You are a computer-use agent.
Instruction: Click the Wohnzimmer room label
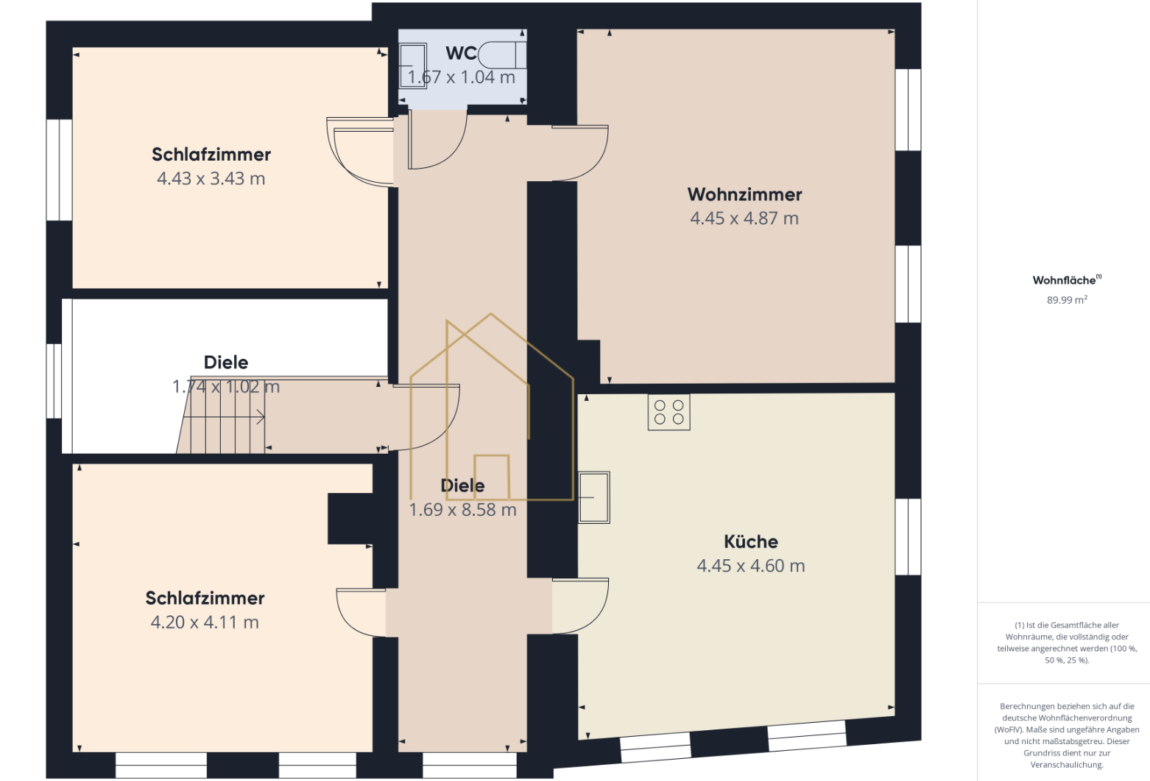click(x=744, y=195)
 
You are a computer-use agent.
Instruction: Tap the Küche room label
click(x=750, y=542)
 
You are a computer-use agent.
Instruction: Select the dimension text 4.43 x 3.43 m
click(x=211, y=178)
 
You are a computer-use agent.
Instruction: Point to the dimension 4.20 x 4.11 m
click(x=205, y=623)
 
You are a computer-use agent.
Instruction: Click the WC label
click(x=461, y=53)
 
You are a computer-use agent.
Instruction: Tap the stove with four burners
click(x=669, y=412)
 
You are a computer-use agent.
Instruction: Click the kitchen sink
click(x=594, y=497)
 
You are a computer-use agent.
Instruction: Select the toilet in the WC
click(x=501, y=55)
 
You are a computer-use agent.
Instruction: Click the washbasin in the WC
click(x=413, y=66)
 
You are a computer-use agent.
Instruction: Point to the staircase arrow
click(x=224, y=417)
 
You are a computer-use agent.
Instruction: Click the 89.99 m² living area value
click(x=1067, y=300)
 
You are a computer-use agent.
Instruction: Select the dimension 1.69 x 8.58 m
click(x=462, y=510)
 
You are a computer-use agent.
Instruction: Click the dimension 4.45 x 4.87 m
click(x=744, y=218)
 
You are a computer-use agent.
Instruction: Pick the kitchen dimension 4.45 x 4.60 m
click(x=750, y=566)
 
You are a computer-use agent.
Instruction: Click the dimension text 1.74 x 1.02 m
click(x=226, y=386)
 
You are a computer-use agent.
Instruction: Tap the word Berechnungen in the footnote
click(x=1020, y=707)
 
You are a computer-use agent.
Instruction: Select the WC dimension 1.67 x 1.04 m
click(x=461, y=77)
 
